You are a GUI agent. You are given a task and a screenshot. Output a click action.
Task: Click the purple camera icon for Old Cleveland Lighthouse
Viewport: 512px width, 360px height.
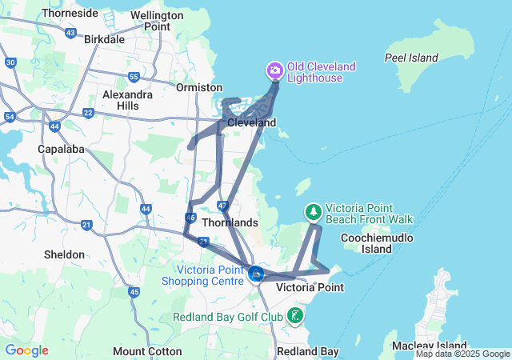pos(274,71)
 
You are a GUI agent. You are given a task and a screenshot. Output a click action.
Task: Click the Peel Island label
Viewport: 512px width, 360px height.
pos(411,58)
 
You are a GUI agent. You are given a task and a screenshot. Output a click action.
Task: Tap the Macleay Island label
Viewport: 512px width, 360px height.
pos(424,345)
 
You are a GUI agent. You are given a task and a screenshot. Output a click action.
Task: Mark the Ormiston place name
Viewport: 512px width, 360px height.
pos(198,87)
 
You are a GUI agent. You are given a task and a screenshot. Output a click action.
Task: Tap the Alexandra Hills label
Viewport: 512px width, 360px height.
pos(127,100)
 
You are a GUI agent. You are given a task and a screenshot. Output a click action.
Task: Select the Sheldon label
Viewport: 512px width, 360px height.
pos(65,254)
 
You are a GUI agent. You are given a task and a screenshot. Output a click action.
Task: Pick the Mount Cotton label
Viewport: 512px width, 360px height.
pos(140,351)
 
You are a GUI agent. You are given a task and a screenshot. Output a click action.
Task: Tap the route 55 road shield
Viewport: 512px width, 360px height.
pos(134,77)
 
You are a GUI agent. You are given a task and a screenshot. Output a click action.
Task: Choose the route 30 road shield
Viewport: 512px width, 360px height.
pos(10,62)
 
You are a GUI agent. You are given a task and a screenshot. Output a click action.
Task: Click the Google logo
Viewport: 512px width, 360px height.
pos(26,350)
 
